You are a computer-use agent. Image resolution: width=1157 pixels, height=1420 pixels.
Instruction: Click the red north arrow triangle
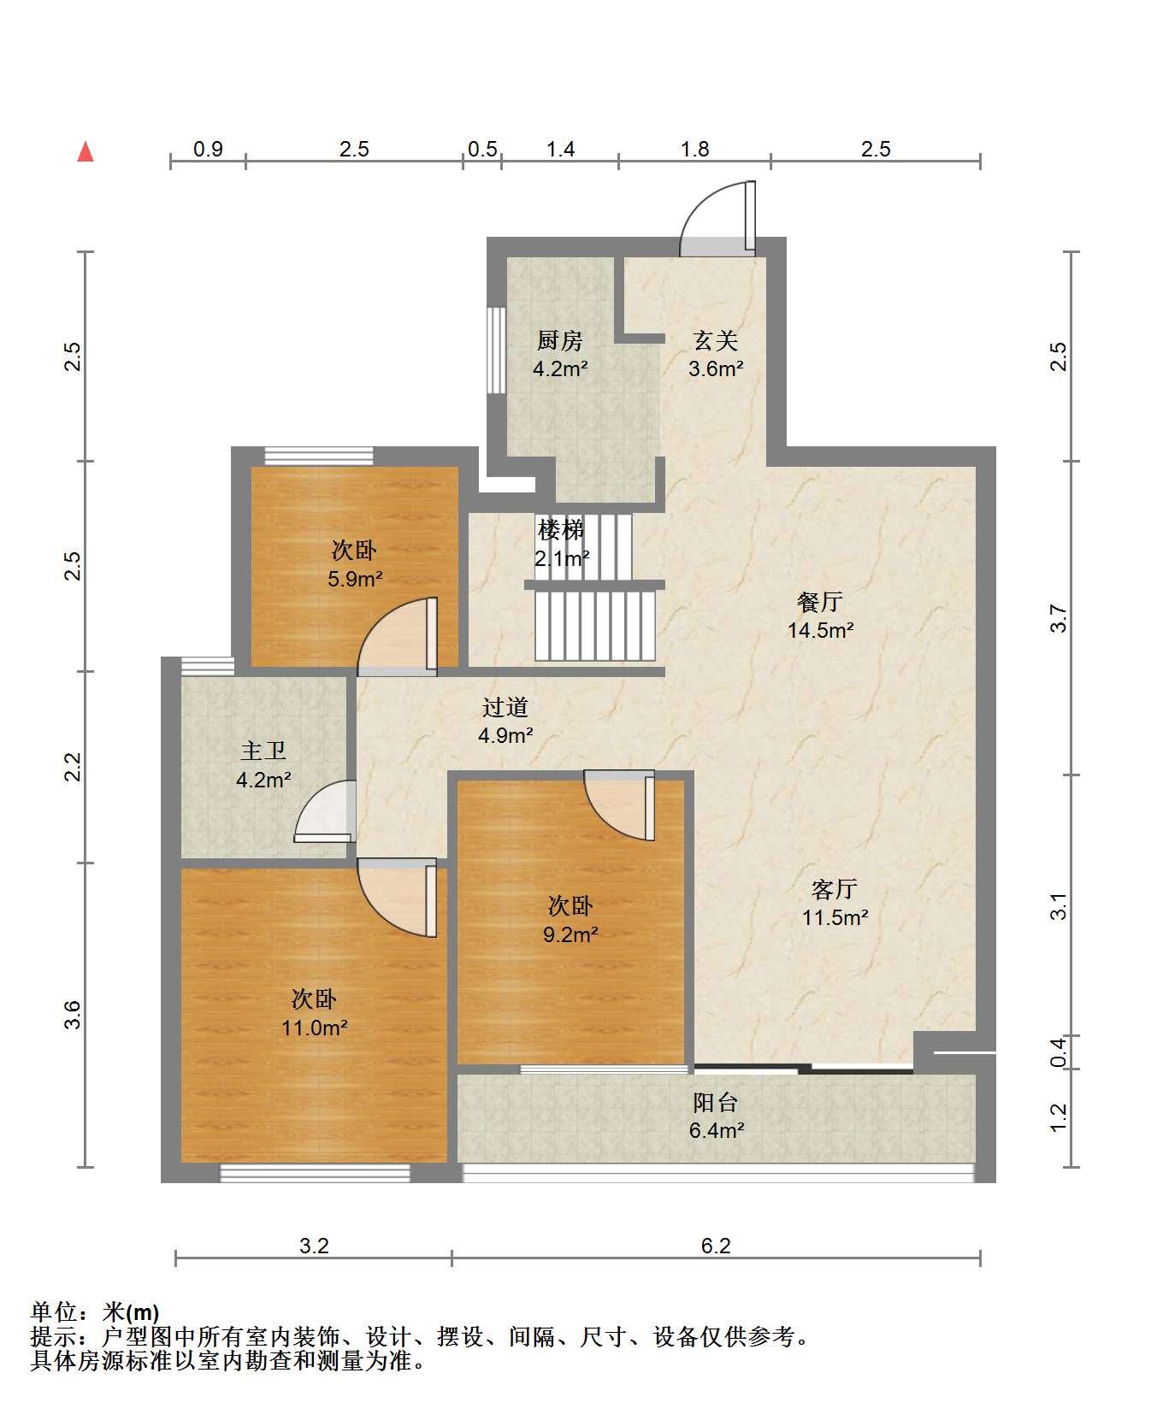coord(86,151)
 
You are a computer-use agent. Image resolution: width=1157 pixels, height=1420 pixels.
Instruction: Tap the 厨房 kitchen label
coord(560,341)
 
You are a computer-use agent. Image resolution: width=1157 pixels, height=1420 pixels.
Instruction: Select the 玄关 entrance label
coord(715,341)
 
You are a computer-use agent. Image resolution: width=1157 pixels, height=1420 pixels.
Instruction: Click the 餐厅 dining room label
coord(820,602)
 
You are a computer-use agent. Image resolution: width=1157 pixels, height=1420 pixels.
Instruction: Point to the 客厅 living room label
coord(835,889)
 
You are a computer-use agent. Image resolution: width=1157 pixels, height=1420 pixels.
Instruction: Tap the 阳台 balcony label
coord(716,1102)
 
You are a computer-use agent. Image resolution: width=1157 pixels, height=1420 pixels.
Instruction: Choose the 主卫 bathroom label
coord(263,751)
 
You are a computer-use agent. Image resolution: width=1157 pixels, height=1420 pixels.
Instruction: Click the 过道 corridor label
coord(505,707)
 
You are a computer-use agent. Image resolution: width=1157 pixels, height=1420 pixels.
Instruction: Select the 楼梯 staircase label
coord(561,530)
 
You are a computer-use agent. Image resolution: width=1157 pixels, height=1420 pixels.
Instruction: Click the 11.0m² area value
coord(315,1028)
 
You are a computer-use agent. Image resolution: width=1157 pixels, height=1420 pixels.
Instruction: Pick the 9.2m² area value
coord(571,934)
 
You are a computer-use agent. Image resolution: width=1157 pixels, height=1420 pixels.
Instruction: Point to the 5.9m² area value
coord(355,579)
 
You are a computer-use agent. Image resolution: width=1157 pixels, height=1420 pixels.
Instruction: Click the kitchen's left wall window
coord(496,350)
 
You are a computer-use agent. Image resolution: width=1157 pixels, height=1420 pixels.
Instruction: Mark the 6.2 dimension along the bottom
coord(716,1246)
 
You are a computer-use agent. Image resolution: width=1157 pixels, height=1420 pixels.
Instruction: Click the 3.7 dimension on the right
coord(1059,618)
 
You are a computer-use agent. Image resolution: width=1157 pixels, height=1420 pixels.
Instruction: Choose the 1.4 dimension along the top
coord(560,149)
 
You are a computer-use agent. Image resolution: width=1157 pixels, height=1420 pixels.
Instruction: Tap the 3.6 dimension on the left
coord(74,1014)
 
